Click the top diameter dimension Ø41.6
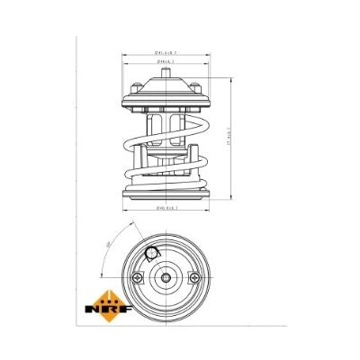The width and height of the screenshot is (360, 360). [167, 54]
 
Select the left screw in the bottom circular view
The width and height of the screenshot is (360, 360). [137, 278]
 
